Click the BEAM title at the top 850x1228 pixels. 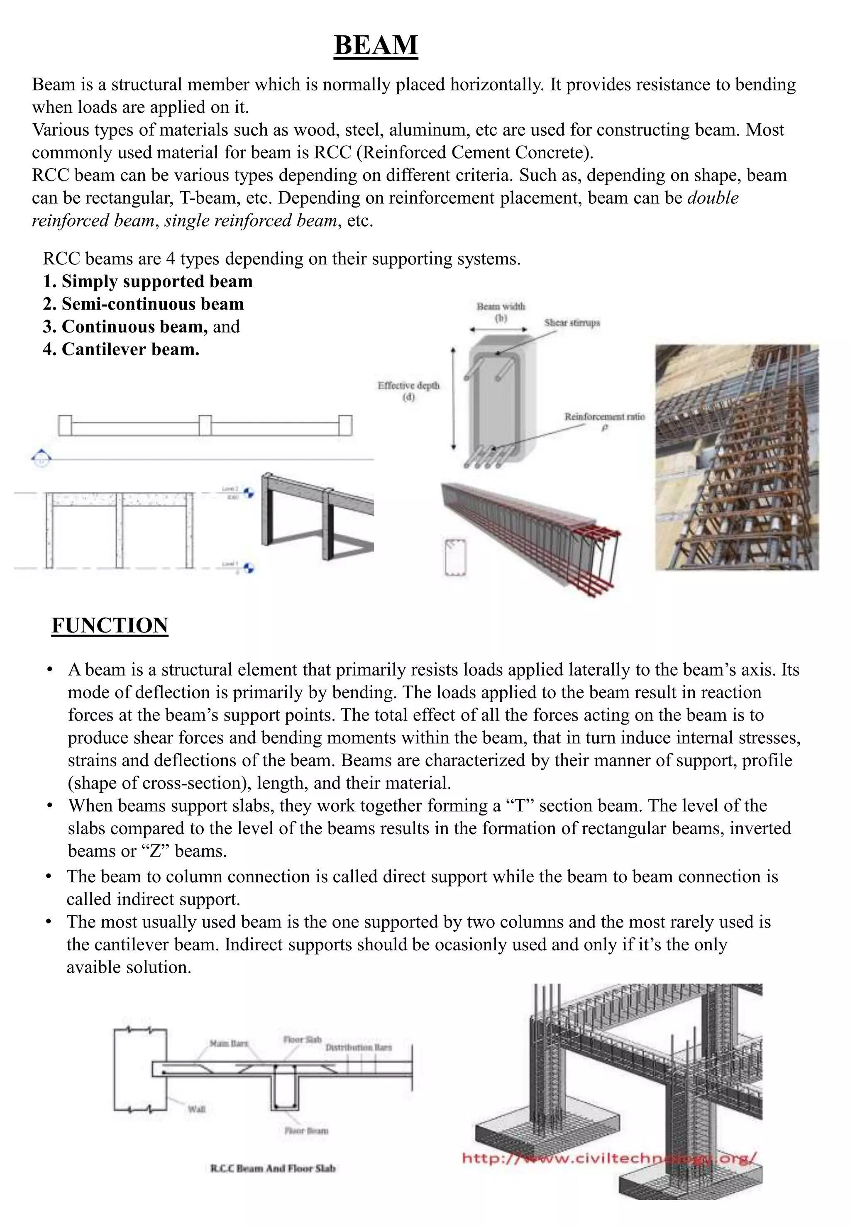376,45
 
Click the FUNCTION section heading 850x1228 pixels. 110,625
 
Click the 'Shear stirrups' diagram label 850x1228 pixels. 572,323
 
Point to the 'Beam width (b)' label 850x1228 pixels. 501,312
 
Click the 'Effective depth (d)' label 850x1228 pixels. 408,391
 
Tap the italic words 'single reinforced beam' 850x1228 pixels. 250,220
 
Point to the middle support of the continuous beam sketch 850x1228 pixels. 205,425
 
